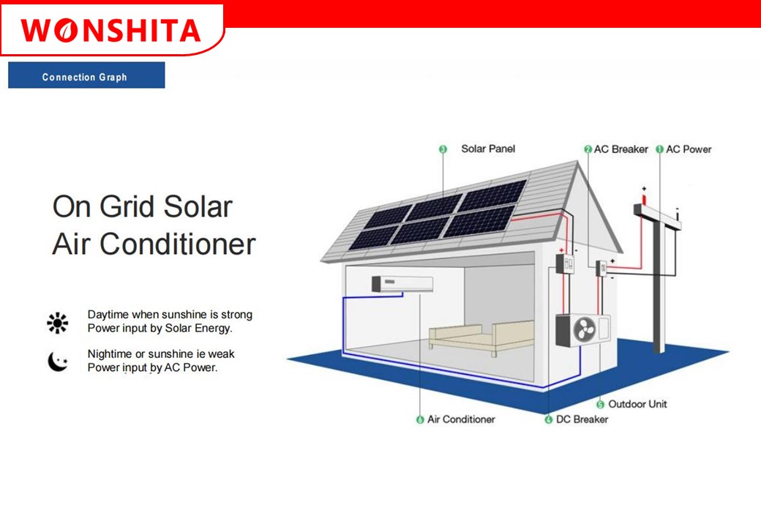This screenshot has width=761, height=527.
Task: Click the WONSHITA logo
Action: pyautogui.click(x=110, y=31)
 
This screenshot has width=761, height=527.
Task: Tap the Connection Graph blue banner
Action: pyautogui.click(x=86, y=75)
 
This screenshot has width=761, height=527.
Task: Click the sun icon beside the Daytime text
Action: pyautogui.click(x=57, y=323)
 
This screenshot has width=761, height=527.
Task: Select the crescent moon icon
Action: pyautogui.click(x=58, y=362)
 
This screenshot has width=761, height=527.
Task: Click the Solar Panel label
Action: pyautogui.click(x=488, y=149)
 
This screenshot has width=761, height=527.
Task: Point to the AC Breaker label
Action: pyautogui.click(x=621, y=149)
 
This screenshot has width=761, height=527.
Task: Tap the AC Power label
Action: pyautogui.click(x=689, y=149)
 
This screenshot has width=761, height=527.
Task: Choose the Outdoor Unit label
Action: pyautogui.click(x=637, y=404)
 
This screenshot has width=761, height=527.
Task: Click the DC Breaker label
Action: pyautogui.click(x=582, y=419)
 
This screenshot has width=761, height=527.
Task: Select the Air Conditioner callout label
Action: pyautogui.click(x=461, y=419)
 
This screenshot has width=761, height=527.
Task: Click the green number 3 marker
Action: pyautogui.click(x=443, y=149)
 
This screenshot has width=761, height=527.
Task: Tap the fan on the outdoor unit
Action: pyautogui.click(x=585, y=329)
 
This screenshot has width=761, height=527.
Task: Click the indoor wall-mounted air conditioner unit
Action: pyautogui.click(x=402, y=284)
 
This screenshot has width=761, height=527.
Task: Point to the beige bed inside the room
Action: pyautogui.click(x=481, y=337)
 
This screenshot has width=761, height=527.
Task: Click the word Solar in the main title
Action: pyautogui.click(x=198, y=206)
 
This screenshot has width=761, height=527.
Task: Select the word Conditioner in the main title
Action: pyautogui.click(x=177, y=244)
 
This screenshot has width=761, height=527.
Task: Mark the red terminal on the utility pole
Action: pyautogui.click(x=644, y=199)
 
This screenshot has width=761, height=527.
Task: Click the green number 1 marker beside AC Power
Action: pyautogui.click(x=659, y=149)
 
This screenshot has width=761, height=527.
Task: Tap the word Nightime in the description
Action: pyautogui.click(x=109, y=354)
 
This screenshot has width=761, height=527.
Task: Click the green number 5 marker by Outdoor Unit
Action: pyautogui.click(x=600, y=404)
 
